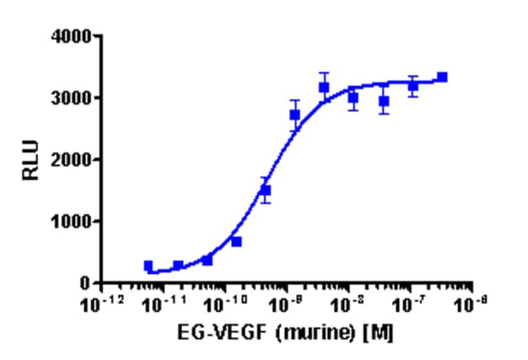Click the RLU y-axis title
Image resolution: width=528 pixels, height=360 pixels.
click(29, 160)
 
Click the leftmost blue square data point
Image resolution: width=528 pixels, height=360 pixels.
click(149, 266)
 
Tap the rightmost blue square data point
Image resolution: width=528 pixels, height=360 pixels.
click(442, 77)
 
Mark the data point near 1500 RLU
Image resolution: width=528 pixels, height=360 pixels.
click(266, 190)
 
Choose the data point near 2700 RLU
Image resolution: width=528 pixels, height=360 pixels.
click(295, 115)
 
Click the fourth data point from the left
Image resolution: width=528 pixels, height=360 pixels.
click(236, 241)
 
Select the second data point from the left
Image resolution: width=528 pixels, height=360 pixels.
click(178, 265)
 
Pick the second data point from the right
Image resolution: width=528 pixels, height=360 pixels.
click(413, 85)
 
